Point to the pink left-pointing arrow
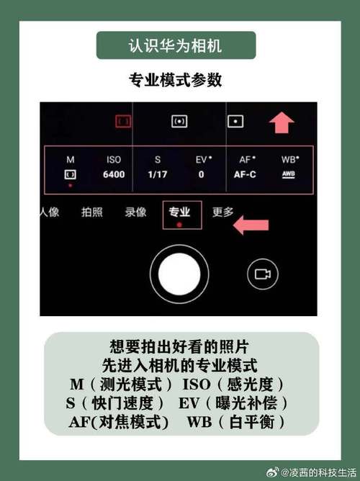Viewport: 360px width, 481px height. click(x=250, y=225)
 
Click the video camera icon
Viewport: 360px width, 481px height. click(x=261, y=274)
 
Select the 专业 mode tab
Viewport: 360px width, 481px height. click(x=179, y=212)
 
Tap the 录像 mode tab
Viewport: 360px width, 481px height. click(x=135, y=212)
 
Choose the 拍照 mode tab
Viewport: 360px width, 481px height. click(x=91, y=212)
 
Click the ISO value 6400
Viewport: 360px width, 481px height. click(x=114, y=174)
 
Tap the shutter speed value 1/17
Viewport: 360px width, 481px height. click(x=157, y=174)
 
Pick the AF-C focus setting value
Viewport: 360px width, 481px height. click(x=245, y=174)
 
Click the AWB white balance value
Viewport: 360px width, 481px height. click(x=288, y=174)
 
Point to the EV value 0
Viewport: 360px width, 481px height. click(x=201, y=174)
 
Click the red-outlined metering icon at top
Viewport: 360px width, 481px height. click(x=124, y=122)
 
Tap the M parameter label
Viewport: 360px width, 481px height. click(x=71, y=160)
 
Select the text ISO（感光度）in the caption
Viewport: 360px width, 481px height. click(x=233, y=385)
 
